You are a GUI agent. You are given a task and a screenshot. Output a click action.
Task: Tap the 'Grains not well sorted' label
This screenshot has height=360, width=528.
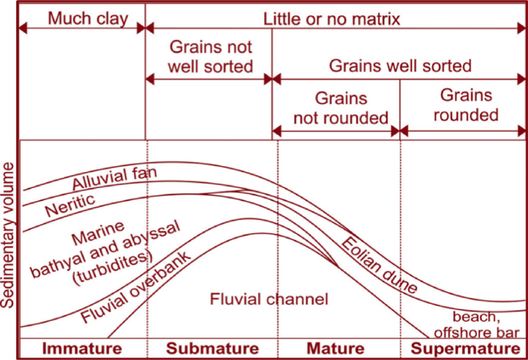pyautogui.click(x=209, y=56)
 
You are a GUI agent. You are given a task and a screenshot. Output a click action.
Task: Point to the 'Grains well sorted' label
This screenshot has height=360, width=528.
pyautogui.click(x=400, y=66)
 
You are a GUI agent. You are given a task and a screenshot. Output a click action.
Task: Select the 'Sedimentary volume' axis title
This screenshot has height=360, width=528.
pyautogui.click(x=10, y=235)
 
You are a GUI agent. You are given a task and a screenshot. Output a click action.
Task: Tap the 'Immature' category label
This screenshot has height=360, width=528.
pyautogui.click(x=82, y=348)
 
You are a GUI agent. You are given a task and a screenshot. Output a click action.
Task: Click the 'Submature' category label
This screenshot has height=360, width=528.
pyautogui.click(x=210, y=348)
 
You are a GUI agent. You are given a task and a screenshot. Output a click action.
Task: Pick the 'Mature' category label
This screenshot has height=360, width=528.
pyautogui.click(x=336, y=348)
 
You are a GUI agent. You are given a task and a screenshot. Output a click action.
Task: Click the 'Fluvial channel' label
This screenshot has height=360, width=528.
pyautogui.click(x=270, y=298)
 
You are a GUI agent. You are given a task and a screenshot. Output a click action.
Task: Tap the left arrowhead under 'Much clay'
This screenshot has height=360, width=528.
pyautogui.click(x=23, y=29)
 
